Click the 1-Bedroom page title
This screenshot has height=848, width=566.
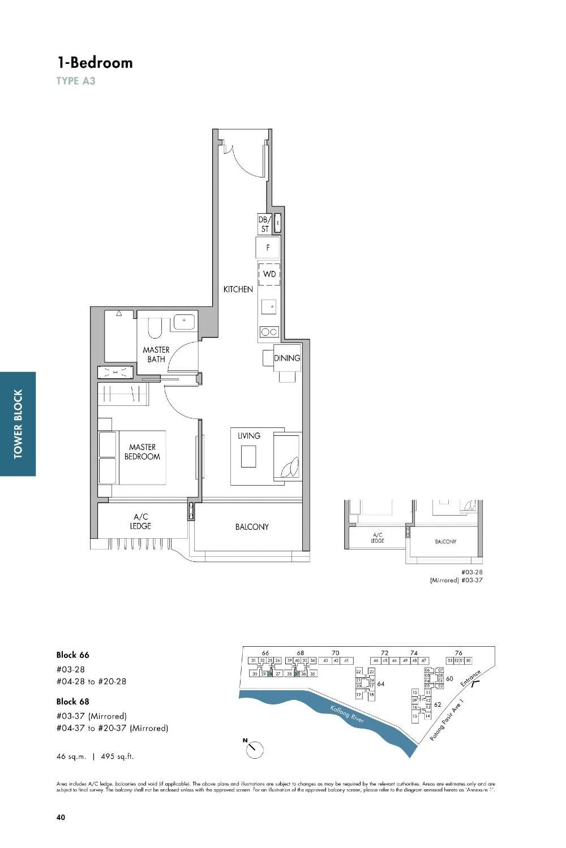click(95, 62)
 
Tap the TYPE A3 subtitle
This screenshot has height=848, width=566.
click(76, 81)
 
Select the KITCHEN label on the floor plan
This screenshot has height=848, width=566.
click(238, 289)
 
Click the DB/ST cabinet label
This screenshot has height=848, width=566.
click(265, 224)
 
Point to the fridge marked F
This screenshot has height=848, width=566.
click(268, 248)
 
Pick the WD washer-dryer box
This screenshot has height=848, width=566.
click(269, 274)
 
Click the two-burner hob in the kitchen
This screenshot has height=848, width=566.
click(269, 332)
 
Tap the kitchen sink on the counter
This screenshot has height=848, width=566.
click(269, 307)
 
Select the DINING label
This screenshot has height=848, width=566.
click(287, 358)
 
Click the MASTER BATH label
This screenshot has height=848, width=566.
click(156, 354)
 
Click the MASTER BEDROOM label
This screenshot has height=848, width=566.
click(142, 452)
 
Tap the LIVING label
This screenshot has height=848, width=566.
click(249, 436)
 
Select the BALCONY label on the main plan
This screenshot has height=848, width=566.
click(252, 527)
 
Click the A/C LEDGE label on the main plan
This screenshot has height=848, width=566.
click(141, 521)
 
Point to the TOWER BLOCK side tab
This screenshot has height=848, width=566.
click(18, 423)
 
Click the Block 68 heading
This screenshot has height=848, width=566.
click(72, 702)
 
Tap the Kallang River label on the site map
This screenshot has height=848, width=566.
click(347, 714)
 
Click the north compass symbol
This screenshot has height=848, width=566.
click(254, 749)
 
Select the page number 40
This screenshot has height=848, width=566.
click(61, 817)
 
